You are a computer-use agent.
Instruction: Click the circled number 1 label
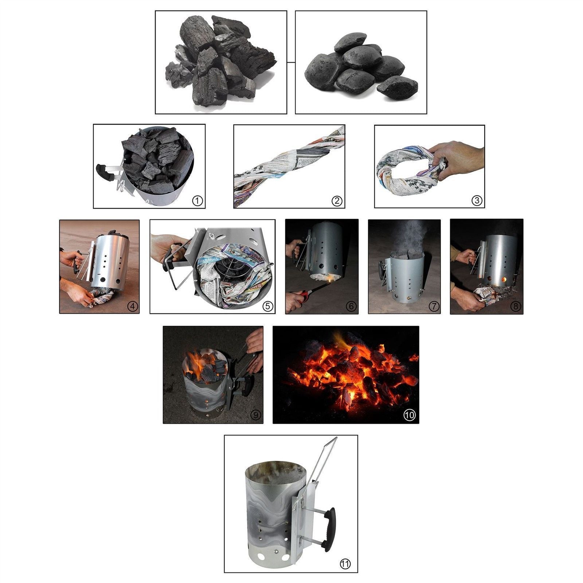click(x=197, y=201)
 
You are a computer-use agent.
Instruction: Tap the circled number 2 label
click(x=337, y=201)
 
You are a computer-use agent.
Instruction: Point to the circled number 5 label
click(x=268, y=306)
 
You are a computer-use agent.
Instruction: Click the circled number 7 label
click(x=433, y=306)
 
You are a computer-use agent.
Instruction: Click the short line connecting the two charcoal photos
click(x=291, y=62)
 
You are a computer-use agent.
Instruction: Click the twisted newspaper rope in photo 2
click(x=288, y=168)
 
